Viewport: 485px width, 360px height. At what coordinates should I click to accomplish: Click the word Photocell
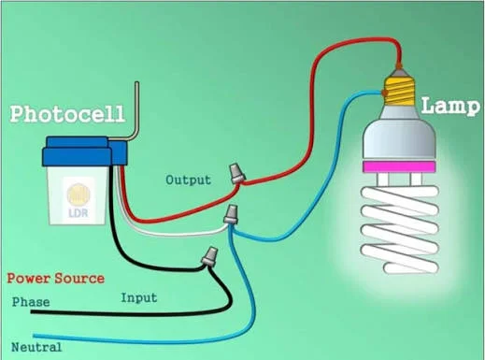[67, 114]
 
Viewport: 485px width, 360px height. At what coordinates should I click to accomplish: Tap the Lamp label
[450, 106]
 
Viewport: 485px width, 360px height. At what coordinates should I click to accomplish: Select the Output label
[188, 180]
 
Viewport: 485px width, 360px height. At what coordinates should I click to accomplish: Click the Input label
[139, 298]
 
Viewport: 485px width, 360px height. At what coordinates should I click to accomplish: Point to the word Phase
[31, 302]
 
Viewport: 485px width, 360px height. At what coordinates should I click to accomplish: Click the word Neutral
[36, 347]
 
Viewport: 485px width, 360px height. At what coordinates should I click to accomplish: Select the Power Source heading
[56, 279]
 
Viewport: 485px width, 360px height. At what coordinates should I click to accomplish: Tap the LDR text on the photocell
[78, 213]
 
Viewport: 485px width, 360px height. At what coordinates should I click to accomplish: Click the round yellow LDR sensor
[78, 194]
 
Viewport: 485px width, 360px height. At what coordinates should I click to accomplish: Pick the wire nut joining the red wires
[237, 173]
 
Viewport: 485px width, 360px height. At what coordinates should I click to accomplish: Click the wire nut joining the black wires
[209, 256]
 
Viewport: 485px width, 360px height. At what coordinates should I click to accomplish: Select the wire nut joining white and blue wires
[231, 214]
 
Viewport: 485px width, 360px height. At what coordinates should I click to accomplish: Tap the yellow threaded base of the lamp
[400, 92]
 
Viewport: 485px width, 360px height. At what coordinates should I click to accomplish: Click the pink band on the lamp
[399, 166]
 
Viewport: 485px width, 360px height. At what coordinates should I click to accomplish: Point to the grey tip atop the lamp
[399, 72]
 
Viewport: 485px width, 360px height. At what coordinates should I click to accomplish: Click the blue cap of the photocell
[84, 151]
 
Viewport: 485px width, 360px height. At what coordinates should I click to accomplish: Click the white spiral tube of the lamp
[400, 230]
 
